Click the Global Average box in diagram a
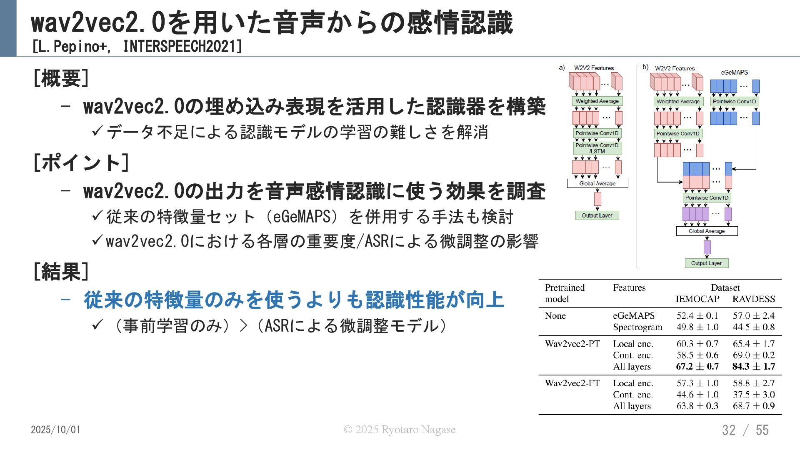coord(597,183)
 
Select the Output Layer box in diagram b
coord(706,263)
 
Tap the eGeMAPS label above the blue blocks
coord(734,72)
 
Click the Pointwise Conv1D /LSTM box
coord(597,148)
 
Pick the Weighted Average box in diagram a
coord(597,101)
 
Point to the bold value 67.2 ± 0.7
coord(697,367)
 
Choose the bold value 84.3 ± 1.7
coord(753,367)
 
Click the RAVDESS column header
coord(753,299)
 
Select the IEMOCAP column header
coord(697,299)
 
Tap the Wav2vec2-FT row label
coord(572,383)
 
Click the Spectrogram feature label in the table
coord(637,327)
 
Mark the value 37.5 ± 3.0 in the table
coord(753,395)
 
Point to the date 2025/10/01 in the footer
coord(55,430)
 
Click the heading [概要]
coord(61,78)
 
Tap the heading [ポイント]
coord(81,162)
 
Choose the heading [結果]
coord(61,272)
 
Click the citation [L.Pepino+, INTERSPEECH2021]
coord(137,47)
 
